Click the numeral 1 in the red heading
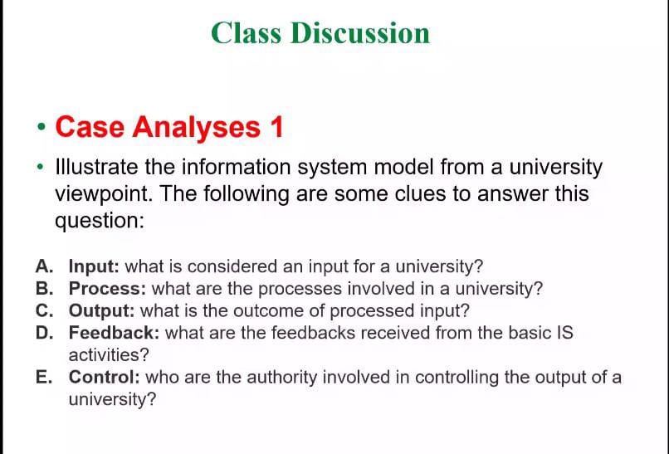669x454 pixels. pos(276,127)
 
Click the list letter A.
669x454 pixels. pos(44,267)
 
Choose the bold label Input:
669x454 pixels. pos(95,267)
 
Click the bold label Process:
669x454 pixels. pos(108,290)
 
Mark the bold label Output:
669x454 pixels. pos(102,311)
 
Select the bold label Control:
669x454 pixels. pos(105,378)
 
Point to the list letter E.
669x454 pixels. pos(44,378)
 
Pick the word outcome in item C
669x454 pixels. pos(254,311)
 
